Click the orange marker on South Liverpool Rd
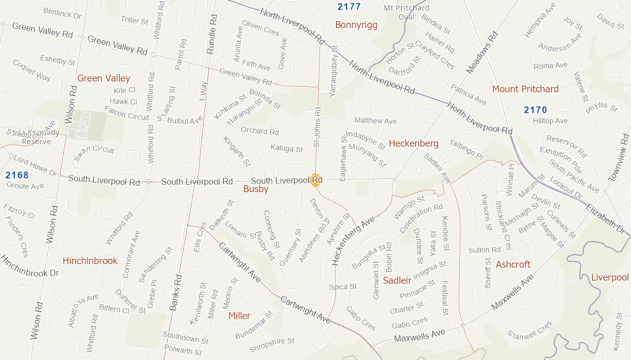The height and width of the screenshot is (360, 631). (x=315, y=180)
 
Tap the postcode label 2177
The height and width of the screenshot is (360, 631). (x=349, y=7)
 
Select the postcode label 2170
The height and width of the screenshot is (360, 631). (x=535, y=110)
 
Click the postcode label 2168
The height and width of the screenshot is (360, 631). (x=17, y=175)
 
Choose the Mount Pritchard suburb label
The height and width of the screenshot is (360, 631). (x=525, y=89)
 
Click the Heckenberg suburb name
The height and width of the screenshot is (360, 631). (x=413, y=143)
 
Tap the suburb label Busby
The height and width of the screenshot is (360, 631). (x=256, y=189)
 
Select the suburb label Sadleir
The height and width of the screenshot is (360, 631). (x=397, y=281)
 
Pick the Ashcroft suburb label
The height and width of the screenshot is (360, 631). (x=513, y=264)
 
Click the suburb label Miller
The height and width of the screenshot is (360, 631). (x=239, y=316)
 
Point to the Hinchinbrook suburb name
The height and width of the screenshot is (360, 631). (x=90, y=260)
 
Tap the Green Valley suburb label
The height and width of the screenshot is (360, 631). (x=104, y=78)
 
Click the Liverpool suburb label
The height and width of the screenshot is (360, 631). (x=609, y=277)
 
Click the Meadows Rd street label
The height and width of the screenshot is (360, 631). (x=482, y=53)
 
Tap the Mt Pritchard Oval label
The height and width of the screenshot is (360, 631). (x=406, y=12)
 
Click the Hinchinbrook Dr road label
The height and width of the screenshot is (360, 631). (x=29, y=266)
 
